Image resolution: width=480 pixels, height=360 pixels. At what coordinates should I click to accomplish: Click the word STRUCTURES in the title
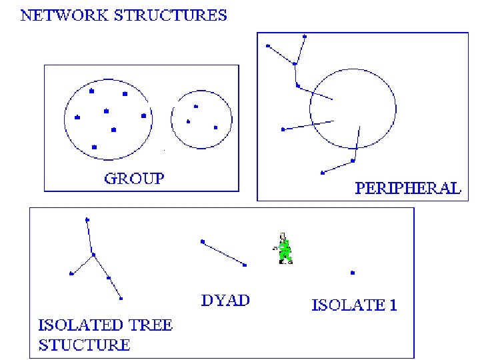(173, 15)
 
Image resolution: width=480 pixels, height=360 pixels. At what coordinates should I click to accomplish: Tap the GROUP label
(134, 178)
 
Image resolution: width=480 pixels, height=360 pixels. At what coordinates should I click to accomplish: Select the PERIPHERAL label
(407, 188)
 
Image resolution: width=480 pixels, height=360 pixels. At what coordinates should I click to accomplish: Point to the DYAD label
(225, 300)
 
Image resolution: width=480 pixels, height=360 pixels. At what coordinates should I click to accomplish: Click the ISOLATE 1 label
(354, 306)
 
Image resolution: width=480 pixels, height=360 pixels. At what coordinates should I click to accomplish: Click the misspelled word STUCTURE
(84, 345)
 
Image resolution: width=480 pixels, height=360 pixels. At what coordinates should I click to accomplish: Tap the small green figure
(285, 248)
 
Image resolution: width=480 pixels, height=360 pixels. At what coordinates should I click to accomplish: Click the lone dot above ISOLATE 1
(353, 273)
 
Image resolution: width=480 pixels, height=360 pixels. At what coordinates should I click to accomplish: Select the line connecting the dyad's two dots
(224, 253)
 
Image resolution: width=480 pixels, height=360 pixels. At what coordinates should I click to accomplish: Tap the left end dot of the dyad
(203, 241)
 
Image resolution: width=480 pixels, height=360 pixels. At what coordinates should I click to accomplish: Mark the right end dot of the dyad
(245, 265)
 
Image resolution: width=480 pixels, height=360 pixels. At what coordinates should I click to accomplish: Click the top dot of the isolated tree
(87, 219)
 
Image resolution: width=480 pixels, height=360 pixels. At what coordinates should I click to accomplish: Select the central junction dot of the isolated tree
(93, 254)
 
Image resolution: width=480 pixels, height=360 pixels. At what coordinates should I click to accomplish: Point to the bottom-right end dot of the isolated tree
(121, 298)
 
